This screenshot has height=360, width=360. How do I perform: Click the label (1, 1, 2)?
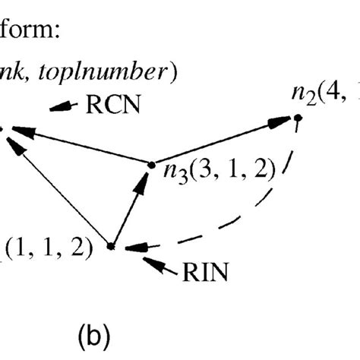coord(47,247)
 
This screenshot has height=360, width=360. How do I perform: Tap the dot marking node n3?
coord(148,161)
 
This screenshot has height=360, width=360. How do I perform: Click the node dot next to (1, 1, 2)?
coord(111,246)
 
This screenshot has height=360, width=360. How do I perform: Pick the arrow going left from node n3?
coord(76,144)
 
